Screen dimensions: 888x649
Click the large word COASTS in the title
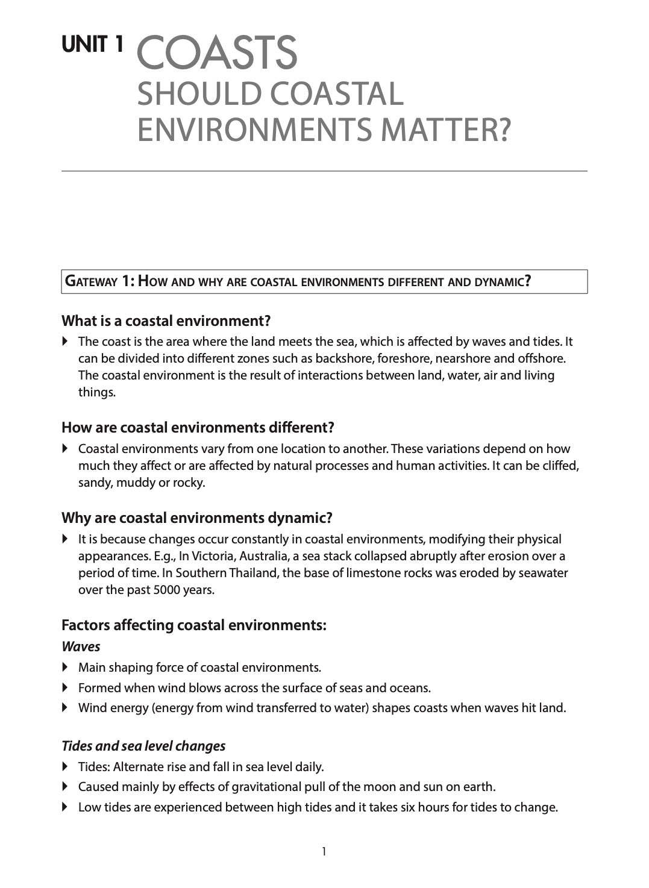[x=218, y=53]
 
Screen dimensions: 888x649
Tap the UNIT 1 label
[x=93, y=45]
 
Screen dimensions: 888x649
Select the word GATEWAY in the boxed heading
[x=90, y=281]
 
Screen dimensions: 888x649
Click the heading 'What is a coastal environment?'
[x=166, y=320]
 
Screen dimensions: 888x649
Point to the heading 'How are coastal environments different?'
[x=198, y=428]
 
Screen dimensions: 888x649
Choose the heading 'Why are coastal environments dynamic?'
[x=197, y=518]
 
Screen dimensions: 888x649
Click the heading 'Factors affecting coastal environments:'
[x=194, y=625]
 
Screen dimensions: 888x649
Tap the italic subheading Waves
[x=81, y=646]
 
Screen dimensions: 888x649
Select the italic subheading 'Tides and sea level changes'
[x=143, y=746]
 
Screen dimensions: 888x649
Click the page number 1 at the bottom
[x=324, y=851]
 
